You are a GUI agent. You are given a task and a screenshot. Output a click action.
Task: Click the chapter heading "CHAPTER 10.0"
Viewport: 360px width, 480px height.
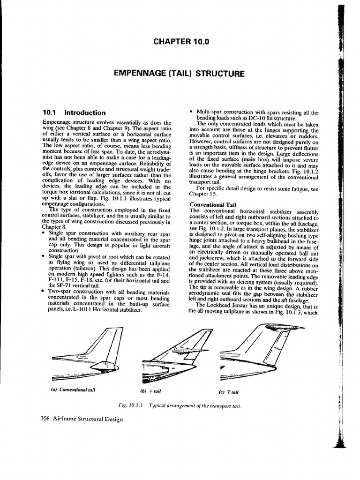click(180, 42)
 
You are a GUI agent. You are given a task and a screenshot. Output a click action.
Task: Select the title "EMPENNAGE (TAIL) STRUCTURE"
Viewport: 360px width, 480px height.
click(180, 74)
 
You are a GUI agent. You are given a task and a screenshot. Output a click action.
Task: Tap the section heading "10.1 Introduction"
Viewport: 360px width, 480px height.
click(74, 112)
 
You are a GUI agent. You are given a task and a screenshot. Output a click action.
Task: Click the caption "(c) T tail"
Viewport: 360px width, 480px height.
click(228, 392)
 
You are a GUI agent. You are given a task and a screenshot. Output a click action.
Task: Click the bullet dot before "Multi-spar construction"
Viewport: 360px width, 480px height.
click(191, 112)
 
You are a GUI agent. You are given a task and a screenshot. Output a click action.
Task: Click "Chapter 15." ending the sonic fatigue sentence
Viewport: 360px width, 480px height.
click(201, 193)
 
